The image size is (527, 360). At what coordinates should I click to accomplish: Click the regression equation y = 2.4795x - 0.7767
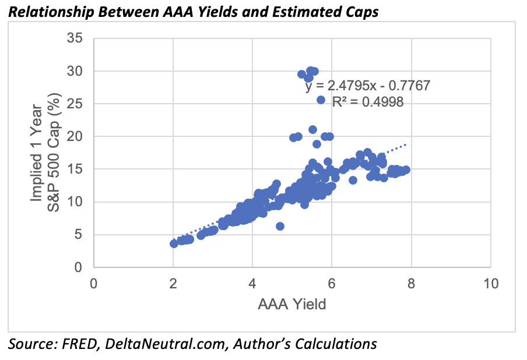[x=367, y=86]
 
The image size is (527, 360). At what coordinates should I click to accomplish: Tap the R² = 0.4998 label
[x=368, y=101]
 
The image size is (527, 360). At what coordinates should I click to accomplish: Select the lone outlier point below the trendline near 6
[x=280, y=226]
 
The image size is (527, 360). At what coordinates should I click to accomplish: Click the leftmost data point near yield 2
[x=174, y=243]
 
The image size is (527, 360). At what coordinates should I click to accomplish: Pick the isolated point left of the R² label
[x=321, y=100]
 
